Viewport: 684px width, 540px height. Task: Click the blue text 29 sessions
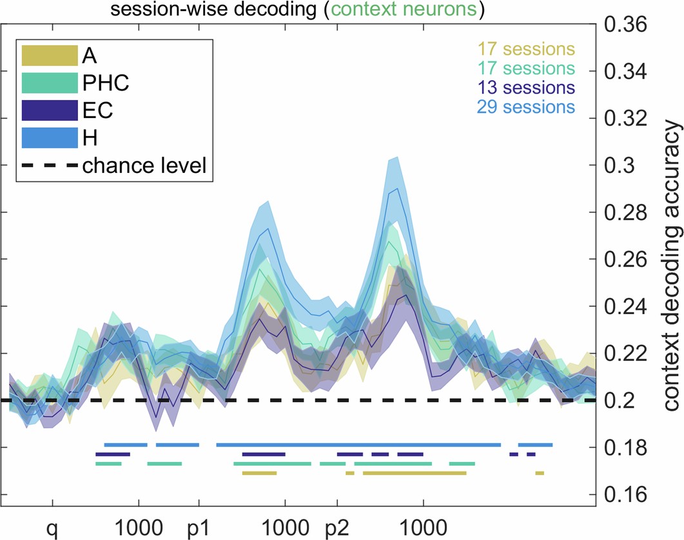pyautogui.click(x=526, y=106)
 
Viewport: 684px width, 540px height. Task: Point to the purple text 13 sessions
pyautogui.click(x=526, y=86)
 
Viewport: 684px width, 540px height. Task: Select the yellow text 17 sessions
pyautogui.click(x=526, y=48)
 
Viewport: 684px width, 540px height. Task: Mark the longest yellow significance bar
pyautogui.click(x=414, y=473)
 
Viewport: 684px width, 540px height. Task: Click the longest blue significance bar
pyautogui.click(x=358, y=445)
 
